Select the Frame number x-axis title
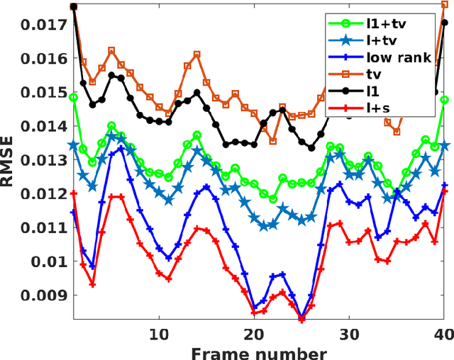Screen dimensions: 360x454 [258, 351]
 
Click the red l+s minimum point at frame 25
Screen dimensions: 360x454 [301, 320]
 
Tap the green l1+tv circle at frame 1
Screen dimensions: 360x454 [73, 98]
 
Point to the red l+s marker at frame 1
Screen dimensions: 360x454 [73, 193]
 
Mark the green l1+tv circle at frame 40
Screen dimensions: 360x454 [445, 100]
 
